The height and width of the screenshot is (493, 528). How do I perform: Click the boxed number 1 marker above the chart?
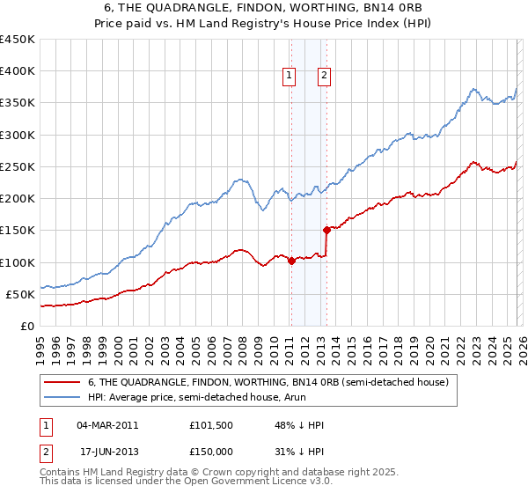(x=289, y=77)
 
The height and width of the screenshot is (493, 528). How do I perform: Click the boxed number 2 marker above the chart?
(x=324, y=77)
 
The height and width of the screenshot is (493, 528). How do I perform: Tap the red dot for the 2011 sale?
(x=291, y=261)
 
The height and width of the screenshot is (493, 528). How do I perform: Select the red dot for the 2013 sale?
(x=326, y=230)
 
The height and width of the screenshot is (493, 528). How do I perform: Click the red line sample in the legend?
(x=62, y=382)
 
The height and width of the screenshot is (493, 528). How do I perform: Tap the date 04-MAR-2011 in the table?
(x=106, y=424)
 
